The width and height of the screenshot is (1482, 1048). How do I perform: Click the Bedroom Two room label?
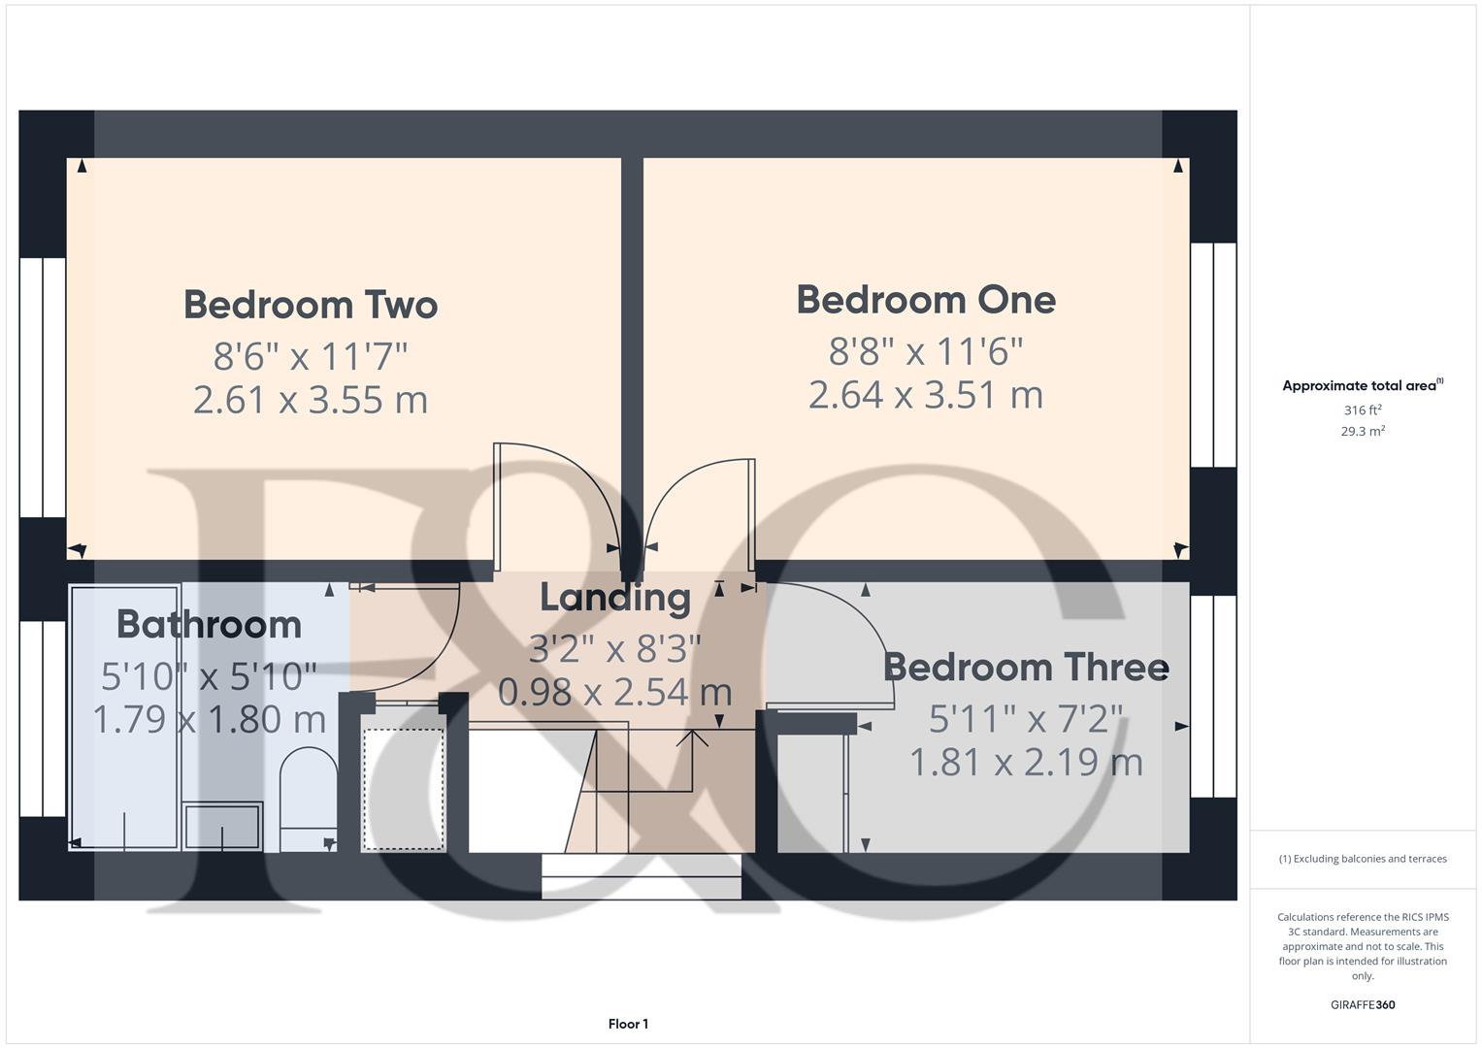(311, 305)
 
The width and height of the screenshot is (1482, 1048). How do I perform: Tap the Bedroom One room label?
(926, 300)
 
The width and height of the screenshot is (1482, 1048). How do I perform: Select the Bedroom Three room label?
(1026, 668)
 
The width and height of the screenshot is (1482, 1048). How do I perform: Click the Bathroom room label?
(209, 624)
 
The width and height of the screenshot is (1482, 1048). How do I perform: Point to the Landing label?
(615, 598)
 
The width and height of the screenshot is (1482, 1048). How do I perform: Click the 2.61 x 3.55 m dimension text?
(311, 400)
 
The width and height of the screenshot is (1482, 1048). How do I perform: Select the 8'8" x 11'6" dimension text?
(926, 351)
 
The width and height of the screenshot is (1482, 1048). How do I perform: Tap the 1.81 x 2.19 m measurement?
(1026, 762)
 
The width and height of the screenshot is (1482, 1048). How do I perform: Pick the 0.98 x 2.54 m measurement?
(615, 692)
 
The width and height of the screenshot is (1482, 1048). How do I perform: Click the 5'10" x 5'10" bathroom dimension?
(209, 675)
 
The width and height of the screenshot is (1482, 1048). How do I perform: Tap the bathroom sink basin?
(222, 826)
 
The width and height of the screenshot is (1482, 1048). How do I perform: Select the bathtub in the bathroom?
(125, 718)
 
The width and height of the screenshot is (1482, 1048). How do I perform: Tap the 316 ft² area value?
(1363, 410)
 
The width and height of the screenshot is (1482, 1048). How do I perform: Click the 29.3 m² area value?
(1363, 432)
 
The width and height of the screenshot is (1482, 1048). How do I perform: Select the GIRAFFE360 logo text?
(1363, 1005)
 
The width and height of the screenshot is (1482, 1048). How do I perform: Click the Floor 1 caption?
(628, 1024)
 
